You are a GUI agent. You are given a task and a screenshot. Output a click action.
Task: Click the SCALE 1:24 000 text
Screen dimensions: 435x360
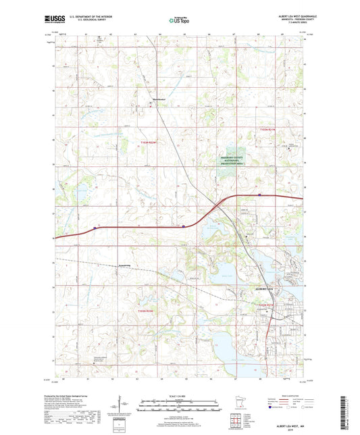tap(180, 396)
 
